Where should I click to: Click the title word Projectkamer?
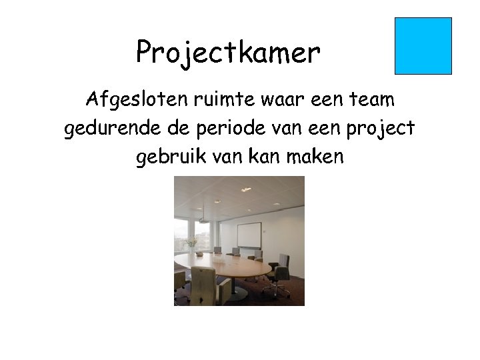(228, 52)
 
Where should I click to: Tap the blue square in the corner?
(423, 45)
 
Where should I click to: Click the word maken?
(317, 157)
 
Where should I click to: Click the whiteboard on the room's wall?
(249, 235)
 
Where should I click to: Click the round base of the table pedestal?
(235, 293)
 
